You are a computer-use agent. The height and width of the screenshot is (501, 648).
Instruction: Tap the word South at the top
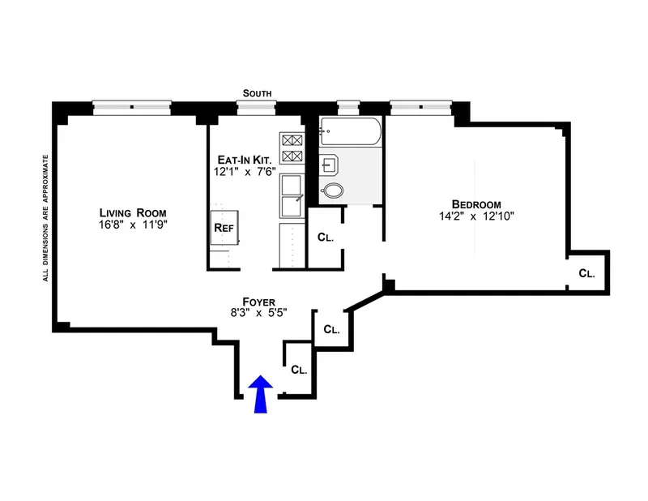261,93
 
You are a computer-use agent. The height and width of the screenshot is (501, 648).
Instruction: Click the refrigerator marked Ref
224,228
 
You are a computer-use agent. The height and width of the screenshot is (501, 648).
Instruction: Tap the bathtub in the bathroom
350,131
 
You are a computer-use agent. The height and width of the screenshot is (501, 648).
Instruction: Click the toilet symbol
332,192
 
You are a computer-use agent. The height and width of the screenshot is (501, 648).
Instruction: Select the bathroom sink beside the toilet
329,166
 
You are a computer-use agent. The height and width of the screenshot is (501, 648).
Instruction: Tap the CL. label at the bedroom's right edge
586,274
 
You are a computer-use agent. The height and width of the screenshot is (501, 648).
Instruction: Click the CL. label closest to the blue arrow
299,370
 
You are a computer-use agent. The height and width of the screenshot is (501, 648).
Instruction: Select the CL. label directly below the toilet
326,238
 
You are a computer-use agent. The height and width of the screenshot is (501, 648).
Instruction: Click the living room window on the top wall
131,105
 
